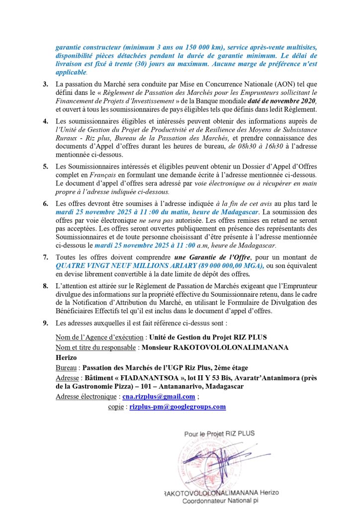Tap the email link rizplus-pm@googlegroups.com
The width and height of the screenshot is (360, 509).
178,406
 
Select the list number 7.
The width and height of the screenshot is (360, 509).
45,257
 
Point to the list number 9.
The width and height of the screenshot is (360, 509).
45,324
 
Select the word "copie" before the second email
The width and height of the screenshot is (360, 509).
116,406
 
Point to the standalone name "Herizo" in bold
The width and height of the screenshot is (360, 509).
68,357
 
